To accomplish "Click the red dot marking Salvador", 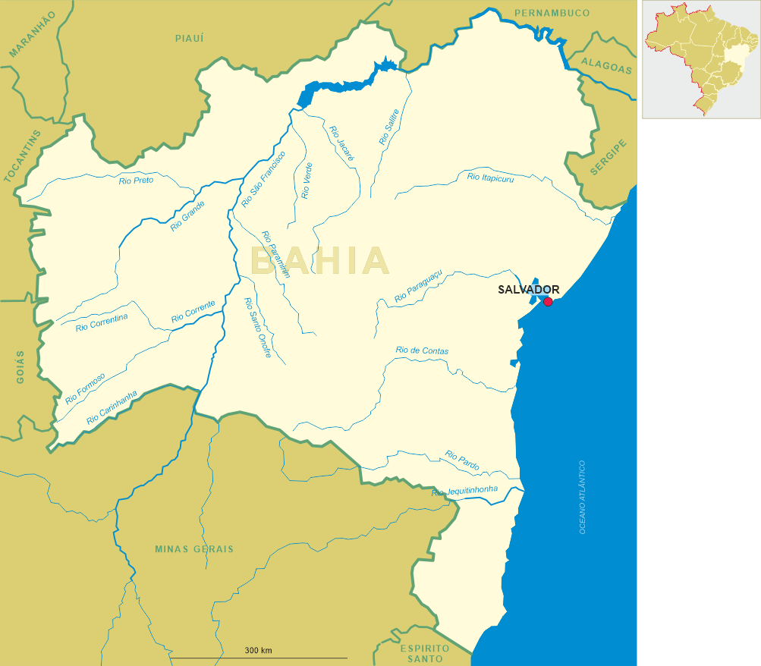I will pos(548,302).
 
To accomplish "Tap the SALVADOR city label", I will pos(529,290).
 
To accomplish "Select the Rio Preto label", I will pos(136,181).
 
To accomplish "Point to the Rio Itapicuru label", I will pos(490,177).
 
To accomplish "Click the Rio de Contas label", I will pos(422,351).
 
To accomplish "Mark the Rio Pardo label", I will pos(462,460).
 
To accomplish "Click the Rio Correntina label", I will pos(102,322).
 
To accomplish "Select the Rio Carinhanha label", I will pos(112,407).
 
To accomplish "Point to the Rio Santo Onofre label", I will pos(257,327).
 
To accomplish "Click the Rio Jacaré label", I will pos(341,143).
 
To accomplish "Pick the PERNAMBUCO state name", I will pos(552,14).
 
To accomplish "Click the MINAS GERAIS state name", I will pos(194,549).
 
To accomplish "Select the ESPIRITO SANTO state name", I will pos(425,654).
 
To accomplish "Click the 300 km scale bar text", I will pos(259,651).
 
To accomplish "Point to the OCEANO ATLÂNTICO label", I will pos(583,497).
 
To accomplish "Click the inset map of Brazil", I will pos(701,59).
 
